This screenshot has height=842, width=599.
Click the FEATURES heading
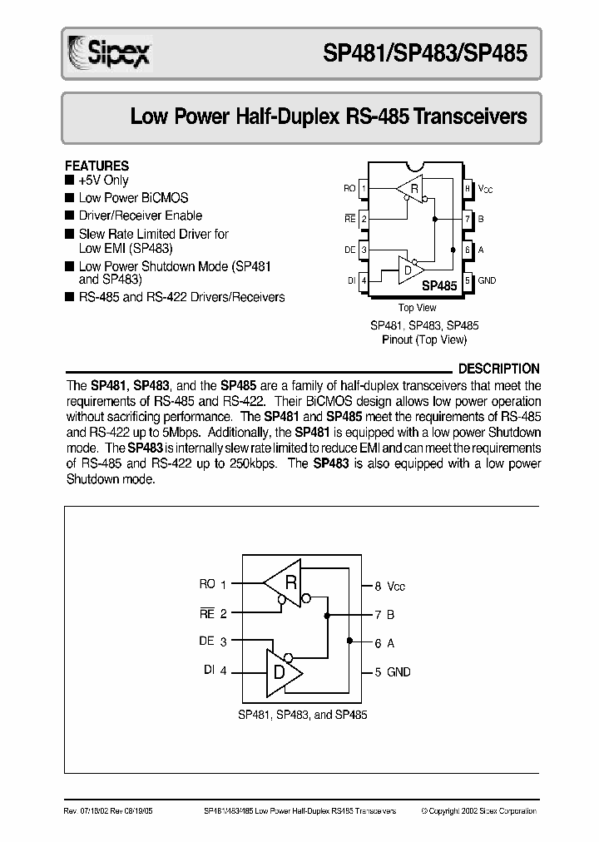coord(97,166)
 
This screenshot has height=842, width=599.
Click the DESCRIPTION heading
coord(498,369)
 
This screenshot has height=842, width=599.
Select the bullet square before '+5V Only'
coord(69,180)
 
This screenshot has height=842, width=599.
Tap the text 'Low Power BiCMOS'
coord(133,198)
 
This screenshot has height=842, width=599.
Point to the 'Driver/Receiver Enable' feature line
coord(140,215)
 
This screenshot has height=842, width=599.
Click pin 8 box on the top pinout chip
coord(468,189)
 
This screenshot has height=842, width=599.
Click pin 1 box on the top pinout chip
coord(364,189)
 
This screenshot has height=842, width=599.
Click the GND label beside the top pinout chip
coord(487,281)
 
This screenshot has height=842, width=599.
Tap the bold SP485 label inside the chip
coord(439,285)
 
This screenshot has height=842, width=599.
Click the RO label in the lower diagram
coord(207,584)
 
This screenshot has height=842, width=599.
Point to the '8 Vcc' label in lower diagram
coord(389,587)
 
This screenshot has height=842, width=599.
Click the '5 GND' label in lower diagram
coord(392,671)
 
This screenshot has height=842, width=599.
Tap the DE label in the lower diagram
coord(207,641)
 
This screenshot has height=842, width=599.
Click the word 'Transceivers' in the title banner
coord(470,116)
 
